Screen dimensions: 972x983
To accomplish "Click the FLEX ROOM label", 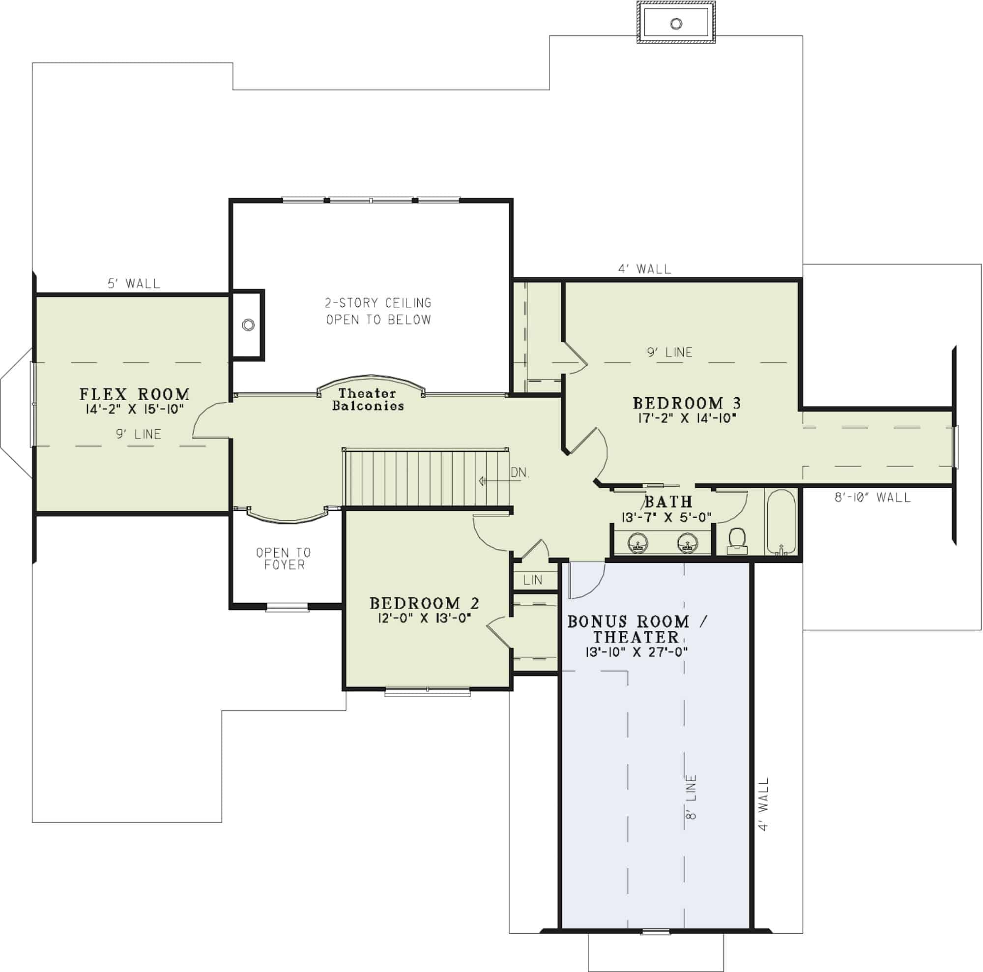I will tap(134, 394).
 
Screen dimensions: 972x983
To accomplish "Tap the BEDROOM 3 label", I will tap(686, 403).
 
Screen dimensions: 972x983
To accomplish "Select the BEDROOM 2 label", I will tap(424, 603).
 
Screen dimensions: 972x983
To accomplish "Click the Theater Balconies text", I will tap(367, 400).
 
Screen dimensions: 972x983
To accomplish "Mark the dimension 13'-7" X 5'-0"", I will tap(666, 517).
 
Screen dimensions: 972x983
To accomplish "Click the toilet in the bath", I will tap(737, 540).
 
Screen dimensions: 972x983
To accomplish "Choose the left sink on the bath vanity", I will tap(637, 542).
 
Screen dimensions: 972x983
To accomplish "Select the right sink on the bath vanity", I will tap(686, 542).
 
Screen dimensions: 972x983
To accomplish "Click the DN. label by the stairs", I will tap(520, 473).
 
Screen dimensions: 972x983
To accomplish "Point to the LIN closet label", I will tap(533, 580).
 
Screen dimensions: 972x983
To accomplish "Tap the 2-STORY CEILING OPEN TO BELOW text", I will tap(378, 311).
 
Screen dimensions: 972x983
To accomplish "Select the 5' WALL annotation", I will tap(134, 284).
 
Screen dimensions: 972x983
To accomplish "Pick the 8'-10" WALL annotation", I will tap(872, 497).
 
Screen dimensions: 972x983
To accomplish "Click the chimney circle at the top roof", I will tap(676, 24).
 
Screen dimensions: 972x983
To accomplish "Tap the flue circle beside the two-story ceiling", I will tap(248, 324).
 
